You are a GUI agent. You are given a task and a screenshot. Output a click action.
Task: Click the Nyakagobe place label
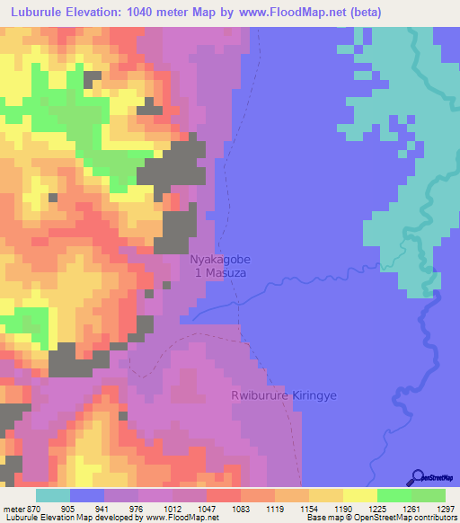[x=220, y=259]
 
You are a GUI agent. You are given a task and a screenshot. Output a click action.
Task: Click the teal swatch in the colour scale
[x=53, y=495]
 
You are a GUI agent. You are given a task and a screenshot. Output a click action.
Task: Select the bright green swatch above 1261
[x=394, y=495]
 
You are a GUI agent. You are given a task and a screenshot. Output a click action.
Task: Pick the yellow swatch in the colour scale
[x=360, y=495]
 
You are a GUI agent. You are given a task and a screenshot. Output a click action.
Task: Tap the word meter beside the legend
[x=13, y=509]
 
